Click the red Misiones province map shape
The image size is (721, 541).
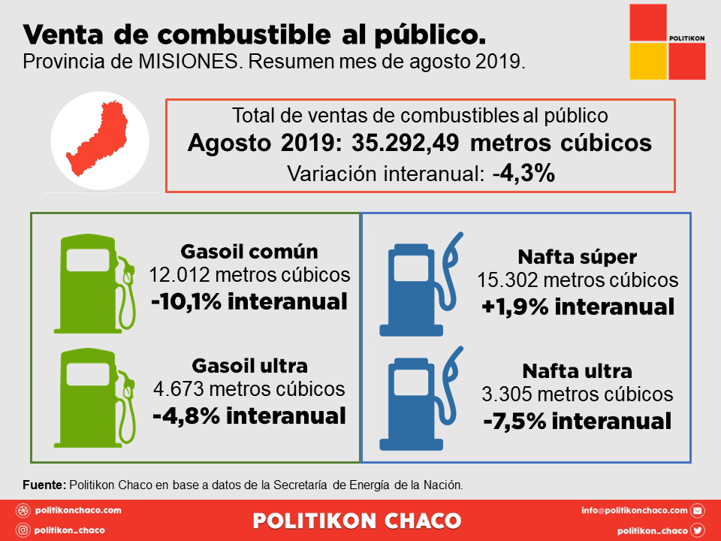(102, 143)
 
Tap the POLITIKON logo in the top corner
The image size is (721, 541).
(667, 41)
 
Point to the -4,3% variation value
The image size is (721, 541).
(524, 174)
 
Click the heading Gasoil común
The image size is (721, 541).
(249, 252)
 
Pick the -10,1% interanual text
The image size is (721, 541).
(249, 301)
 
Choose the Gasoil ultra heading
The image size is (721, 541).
(249, 366)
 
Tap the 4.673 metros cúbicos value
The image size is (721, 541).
(249, 389)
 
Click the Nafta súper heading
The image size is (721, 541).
(578, 256)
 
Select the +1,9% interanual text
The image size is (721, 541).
(578, 307)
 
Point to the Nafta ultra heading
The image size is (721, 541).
(578, 370)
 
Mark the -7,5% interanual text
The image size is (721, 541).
(578, 422)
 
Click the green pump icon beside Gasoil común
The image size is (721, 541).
(94, 281)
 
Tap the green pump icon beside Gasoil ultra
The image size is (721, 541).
(94, 399)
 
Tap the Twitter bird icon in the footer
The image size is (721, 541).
(697, 530)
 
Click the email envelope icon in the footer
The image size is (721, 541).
(697, 511)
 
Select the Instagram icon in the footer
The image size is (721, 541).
(23, 530)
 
